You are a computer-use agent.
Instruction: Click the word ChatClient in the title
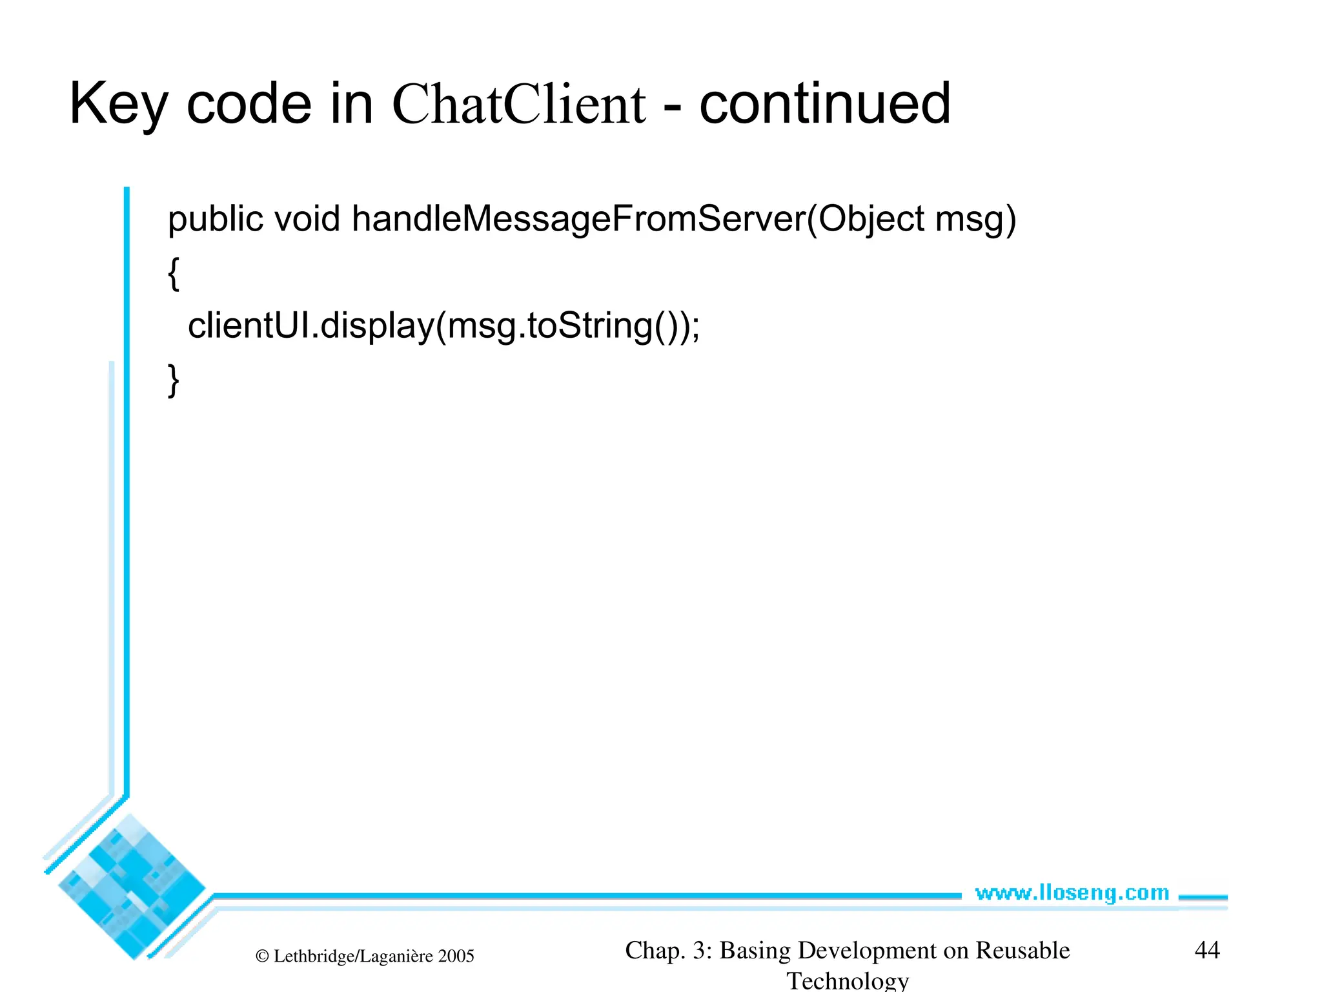(518, 105)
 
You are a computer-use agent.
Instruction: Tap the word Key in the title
(117, 105)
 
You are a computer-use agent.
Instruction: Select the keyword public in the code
(216, 220)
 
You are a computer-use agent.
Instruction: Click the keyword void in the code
(307, 220)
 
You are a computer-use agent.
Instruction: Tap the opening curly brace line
(173, 274)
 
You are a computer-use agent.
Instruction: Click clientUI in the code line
(250, 325)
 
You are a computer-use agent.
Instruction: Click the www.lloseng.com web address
(1072, 893)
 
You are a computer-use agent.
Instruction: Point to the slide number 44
(1207, 950)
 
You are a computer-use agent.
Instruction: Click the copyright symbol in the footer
(262, 956)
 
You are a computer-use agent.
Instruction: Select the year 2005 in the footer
(456, 956)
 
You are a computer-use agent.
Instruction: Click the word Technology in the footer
(848, 980)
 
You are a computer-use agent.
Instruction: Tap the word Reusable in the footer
(1022, 950)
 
